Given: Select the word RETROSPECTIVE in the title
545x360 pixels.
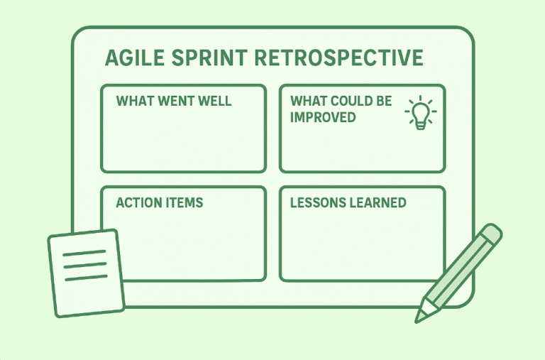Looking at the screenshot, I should [x=338, y=58].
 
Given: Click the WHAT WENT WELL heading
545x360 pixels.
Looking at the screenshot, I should [x=174, y=101].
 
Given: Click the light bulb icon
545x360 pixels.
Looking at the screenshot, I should [x=421, y=113].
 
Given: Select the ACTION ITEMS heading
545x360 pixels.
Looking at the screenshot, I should [x=160, y=203].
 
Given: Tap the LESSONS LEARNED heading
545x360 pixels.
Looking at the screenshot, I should [x=348, y=203].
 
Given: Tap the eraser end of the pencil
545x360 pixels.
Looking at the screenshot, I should [x=490, y=234].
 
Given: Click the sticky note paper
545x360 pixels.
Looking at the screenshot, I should [x=86, y=273].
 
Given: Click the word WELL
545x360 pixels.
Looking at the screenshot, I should [x=214, y=101].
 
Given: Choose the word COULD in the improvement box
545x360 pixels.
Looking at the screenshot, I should [x=346, y=101].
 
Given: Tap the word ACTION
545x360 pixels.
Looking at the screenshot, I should [x=138, y=203].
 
